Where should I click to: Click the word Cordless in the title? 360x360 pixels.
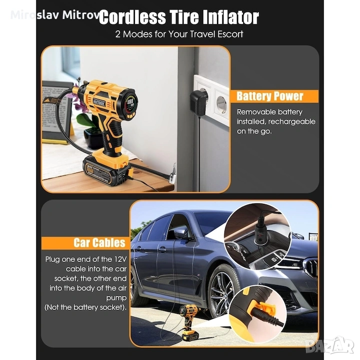click(132, 17)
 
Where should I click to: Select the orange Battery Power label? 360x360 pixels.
click(274, 96)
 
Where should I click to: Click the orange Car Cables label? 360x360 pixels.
click(85, 243)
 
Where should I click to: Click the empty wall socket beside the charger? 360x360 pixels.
click(221, 104)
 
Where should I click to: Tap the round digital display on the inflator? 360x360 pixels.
click(130, 104)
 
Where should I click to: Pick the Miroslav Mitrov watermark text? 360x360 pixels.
click(55, 15)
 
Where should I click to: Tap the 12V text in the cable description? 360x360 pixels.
click(120, 259)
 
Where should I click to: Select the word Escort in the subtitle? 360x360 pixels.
click(230, 34)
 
